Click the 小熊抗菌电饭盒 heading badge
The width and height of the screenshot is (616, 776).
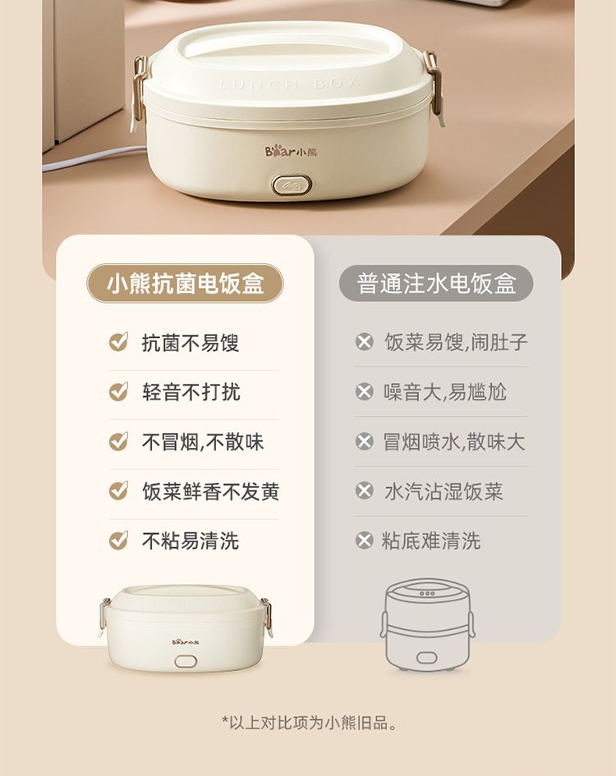point(185,284)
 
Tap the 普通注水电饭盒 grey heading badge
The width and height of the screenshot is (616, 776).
point(436,284)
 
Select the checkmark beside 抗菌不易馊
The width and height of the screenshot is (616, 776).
point(118,342)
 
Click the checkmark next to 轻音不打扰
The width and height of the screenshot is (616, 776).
point(118,392)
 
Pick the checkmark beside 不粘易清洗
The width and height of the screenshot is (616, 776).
point(118,541)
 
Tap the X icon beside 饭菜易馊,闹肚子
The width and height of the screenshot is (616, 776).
point(364,342)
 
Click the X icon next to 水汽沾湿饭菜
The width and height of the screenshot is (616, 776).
point(364,491)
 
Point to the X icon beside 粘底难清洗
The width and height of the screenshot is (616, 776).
point(364,541)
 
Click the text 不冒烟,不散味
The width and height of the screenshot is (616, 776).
point(203,442)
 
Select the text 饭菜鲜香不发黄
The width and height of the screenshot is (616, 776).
point(210,491)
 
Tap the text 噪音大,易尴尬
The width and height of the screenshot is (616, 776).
point(445,392)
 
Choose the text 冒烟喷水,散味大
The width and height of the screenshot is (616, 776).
point(453,442)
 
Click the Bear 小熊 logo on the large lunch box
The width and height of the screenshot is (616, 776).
point(291,151)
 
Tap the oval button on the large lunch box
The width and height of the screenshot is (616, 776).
point(292,185)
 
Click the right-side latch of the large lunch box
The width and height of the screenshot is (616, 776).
point(434,87)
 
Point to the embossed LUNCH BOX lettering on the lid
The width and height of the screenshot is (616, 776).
point(288,84)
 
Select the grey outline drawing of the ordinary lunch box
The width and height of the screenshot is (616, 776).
point(428,624)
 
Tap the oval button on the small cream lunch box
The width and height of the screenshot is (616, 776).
point(186,661)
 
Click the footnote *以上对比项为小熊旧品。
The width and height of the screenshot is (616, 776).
point(310,723)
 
